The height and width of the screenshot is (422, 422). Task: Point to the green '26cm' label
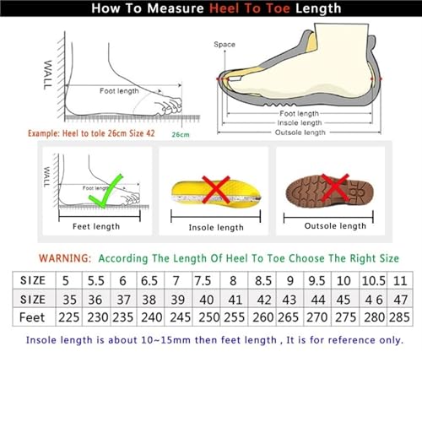coord(181,134)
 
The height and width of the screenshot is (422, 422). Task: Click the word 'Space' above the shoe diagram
coord(224,44)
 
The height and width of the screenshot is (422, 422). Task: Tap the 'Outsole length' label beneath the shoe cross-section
coord(301,132)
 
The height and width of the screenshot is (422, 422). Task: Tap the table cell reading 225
coord(68,316)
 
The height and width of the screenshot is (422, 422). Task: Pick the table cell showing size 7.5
coord(203,279)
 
